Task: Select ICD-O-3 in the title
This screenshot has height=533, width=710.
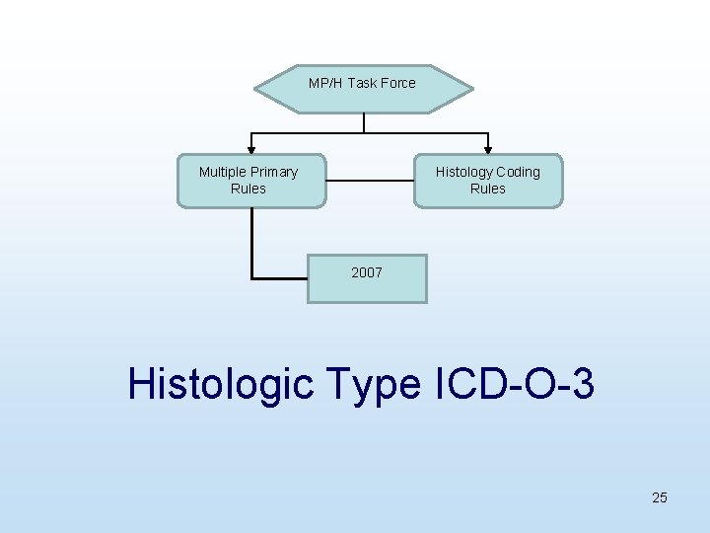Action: (514, 384)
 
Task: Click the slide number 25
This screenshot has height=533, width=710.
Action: (660, 497)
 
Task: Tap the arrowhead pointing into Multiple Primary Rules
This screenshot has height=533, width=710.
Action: (250, 148)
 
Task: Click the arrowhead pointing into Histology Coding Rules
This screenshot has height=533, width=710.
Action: (487, 148)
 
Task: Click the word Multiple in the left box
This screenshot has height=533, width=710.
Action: (223, 172)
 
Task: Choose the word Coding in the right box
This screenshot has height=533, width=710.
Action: (518, 172)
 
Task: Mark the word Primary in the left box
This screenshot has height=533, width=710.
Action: (274, 172)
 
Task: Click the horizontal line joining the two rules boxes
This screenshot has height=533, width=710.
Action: (369, 181)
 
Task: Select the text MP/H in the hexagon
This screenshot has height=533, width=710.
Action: (325, 83)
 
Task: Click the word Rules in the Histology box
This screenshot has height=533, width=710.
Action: (487, 189)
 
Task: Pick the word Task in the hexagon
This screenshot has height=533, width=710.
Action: (361, 83)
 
